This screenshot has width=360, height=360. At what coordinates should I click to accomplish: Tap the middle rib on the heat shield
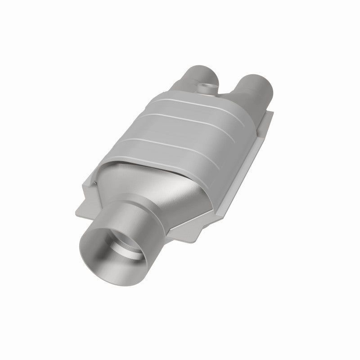click(189, 119)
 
